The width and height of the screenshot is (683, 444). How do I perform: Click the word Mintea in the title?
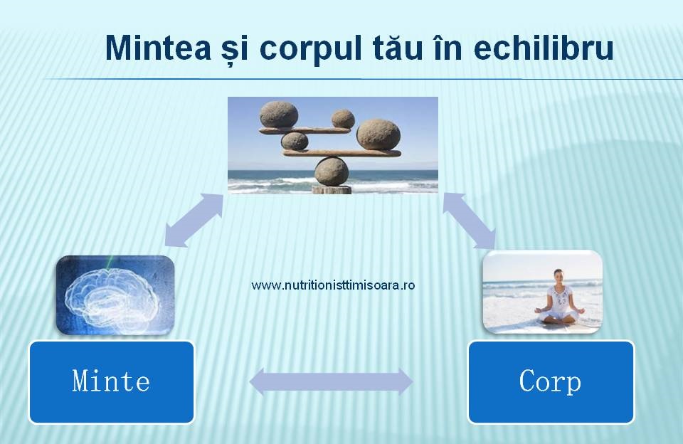point(159,47)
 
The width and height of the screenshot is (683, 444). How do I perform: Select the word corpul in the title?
point(311,50)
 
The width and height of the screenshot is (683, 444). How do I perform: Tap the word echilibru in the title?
point(544,47)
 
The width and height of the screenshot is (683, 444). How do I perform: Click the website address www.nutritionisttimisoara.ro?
point(333,285)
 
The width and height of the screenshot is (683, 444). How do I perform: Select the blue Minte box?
point(112,381)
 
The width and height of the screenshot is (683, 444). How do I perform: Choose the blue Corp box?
point(551,381)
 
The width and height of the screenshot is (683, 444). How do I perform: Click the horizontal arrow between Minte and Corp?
point(331,381)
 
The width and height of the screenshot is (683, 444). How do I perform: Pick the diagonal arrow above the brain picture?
point(194,221)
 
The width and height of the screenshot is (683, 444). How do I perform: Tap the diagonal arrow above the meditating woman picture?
point(469,221)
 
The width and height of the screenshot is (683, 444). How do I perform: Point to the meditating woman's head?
point(558,275)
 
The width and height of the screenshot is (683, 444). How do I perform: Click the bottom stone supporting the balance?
point(332,171)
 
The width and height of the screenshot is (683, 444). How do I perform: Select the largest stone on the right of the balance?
point(378,134)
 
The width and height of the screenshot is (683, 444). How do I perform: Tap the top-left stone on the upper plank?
point(279,115)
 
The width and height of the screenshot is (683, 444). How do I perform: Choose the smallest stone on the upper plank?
point(343,119)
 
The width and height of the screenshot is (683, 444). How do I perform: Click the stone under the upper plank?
point(295,141)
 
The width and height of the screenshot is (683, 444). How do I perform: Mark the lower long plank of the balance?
point(342,153)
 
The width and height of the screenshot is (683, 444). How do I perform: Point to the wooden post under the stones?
point(332,189)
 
